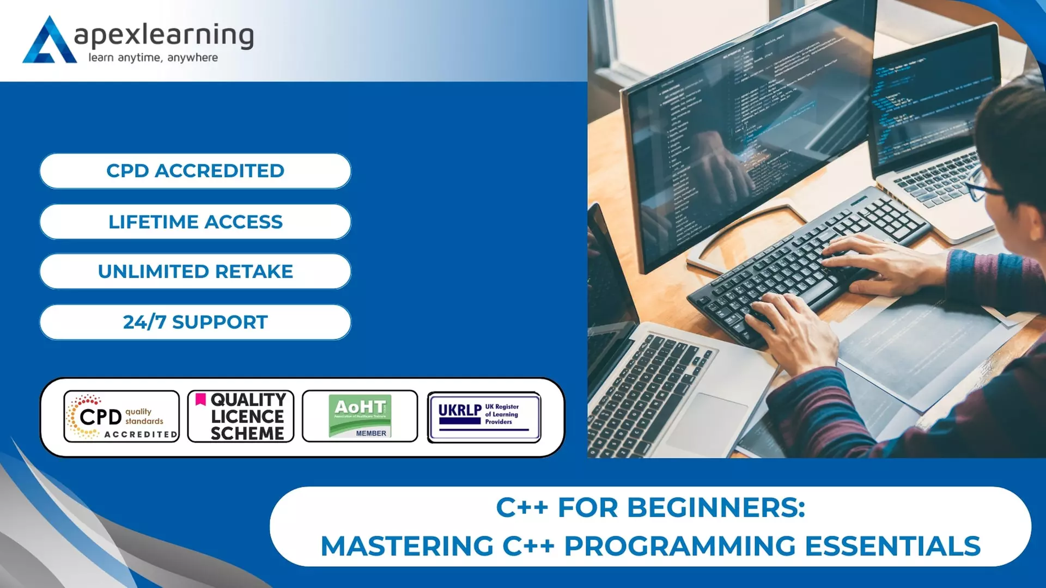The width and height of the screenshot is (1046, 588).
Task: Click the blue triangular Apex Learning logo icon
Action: point(49,41)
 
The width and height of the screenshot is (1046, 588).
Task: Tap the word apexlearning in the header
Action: point(163,35)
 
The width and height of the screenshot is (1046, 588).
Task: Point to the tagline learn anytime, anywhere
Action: point(153,58)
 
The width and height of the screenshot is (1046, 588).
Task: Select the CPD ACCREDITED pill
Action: point(195,171)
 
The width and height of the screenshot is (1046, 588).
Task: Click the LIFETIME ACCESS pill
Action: point(195,222)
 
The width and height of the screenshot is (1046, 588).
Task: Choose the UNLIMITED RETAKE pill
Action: point(195,272)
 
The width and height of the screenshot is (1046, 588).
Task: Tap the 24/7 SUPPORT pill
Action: point(195,322)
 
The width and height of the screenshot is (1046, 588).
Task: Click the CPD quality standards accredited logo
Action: point(121,416)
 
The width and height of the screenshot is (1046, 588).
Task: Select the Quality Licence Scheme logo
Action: point(241,416)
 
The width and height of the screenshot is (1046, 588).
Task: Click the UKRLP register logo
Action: point(484,417)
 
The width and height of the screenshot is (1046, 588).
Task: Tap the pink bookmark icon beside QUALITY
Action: point(200,400)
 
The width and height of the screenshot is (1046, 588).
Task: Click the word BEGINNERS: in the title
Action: point(716,508)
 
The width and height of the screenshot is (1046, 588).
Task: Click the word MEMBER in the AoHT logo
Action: point(371,433)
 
